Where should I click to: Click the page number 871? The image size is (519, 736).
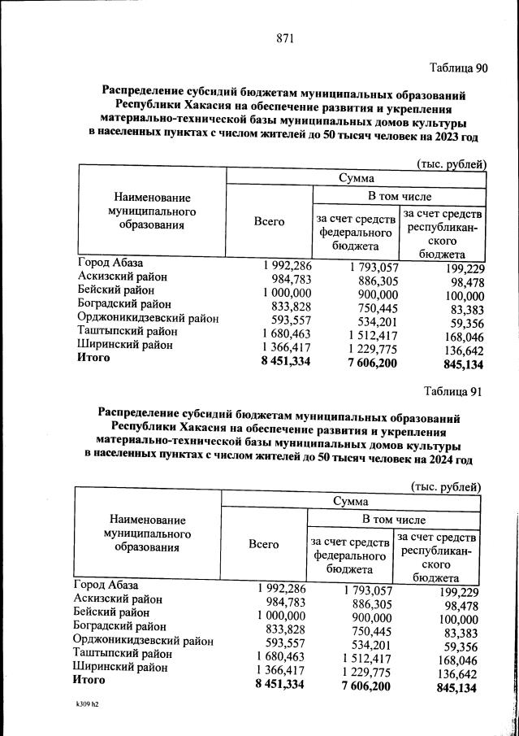[x=284, y=38]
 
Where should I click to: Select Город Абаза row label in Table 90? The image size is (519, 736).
[x=110, y=263]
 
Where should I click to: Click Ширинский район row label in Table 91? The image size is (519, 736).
[x=120, y=667]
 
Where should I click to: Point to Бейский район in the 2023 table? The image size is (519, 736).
[x=115, y=290]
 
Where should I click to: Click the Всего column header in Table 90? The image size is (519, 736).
[x=269, y=221]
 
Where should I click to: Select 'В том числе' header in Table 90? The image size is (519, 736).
[x=400, y=197]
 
